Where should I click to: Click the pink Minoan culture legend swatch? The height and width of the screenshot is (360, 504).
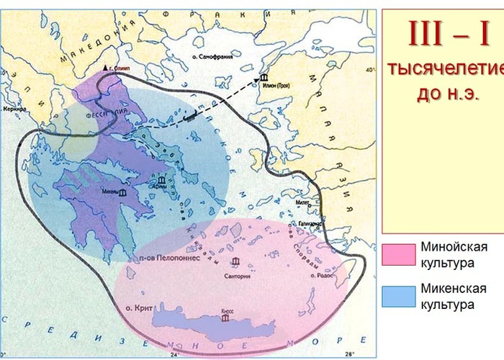point(398,254)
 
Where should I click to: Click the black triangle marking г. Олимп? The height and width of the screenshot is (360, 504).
point(107,68)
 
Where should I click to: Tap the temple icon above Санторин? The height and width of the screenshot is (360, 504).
point(236,262)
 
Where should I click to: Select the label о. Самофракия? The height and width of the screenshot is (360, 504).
point(216,56)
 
